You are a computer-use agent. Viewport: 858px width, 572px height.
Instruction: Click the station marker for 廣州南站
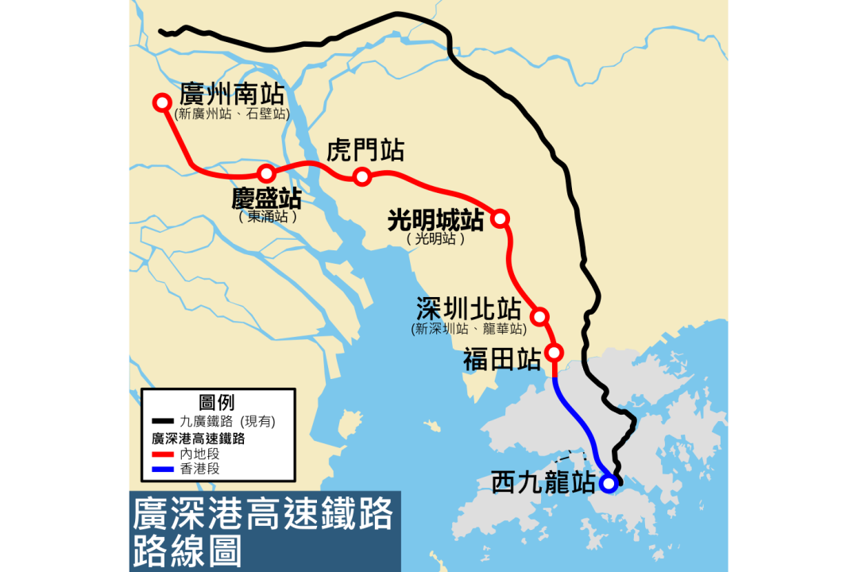pos(162,102)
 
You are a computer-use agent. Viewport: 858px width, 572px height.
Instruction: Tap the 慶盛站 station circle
pos(267,173)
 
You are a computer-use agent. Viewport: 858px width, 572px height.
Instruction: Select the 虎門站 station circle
pos(362,176)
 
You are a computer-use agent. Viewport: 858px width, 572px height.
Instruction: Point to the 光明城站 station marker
pos(500,218)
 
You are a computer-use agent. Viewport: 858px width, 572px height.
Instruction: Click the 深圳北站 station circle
pos(540,317)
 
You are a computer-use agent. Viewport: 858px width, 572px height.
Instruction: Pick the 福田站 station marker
pos(555,352)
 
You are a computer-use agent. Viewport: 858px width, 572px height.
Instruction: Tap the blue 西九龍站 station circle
pos(609,482)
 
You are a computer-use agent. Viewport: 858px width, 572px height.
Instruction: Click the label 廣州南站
pos(232,94)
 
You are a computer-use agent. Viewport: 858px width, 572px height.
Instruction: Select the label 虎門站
pos(365,149)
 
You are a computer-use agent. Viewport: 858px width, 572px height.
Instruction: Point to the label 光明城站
pos(435,219)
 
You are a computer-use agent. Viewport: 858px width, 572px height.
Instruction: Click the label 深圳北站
pos(469,309)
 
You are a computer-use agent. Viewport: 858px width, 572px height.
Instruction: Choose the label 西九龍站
pos(543,482)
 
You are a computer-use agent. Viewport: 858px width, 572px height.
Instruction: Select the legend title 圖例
pos(216,402)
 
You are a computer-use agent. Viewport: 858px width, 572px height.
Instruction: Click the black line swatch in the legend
pos(163,421)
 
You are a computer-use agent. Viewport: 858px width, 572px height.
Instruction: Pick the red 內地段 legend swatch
pos(163,454)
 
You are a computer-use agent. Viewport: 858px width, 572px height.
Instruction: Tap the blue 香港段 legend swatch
pos(163,469)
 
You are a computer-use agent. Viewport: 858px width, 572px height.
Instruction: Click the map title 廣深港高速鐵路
pos(263,514)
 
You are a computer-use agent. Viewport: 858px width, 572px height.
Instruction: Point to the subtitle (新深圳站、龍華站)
pos(469,329)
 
